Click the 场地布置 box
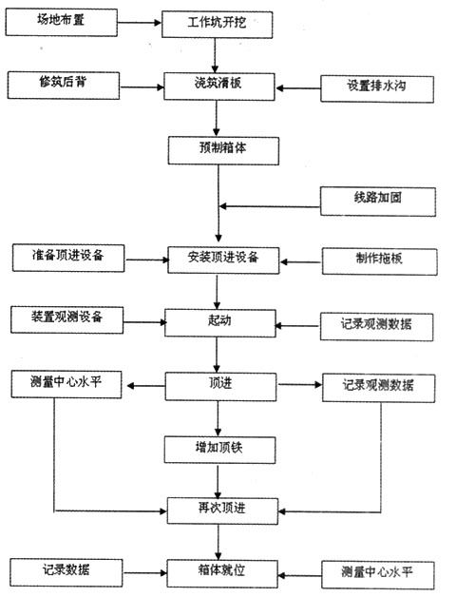pos(62,23)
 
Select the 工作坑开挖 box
pos(217,25)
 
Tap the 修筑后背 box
pos(64,86)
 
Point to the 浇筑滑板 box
pos(219,87)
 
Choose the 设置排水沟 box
pos(377,89)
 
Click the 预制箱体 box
pos(223,151)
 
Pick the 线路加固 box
pos(378,202)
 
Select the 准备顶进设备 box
pos(68,259)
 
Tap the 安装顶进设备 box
pos(223,260)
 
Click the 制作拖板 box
pos(380,261)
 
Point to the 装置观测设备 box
pos(67,319)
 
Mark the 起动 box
pos(220,323)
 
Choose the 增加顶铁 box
pos(219,450)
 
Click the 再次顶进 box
pos(222,510)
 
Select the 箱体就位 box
pos(222,573)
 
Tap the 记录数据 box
pos(66,572)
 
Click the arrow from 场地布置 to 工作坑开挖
pos(140,23)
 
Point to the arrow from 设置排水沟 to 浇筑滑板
pos(298,88)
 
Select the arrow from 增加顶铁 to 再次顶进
pos(218,481)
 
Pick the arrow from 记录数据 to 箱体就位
pos(145,573)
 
